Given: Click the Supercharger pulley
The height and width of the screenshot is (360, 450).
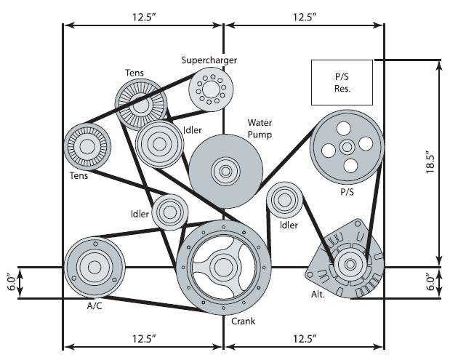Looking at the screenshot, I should pyautogui.click(x=211, y=90).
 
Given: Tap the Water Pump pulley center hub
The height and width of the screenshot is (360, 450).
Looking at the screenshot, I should pyautogui.click(x=225, y=172).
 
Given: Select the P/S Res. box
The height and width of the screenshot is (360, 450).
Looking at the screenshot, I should pyautogui.click(x=342, y=82).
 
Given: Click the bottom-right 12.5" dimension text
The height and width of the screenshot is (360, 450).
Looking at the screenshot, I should pyautogui.click(x=305, y=339).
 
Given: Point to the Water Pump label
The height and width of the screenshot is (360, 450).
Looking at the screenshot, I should pyautogui.click(x=260, y=129).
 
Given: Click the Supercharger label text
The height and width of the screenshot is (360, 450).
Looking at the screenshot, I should pyautogui.click(x=209, y=60).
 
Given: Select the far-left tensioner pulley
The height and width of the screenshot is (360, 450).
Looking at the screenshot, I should pyautogui.click(x=87, y=148).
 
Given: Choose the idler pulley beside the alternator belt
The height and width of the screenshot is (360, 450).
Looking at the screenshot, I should pyautogui.click(x=284, y=201).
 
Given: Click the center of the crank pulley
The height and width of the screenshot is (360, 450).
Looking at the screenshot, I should pyautogui.click(x=222, y=268).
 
